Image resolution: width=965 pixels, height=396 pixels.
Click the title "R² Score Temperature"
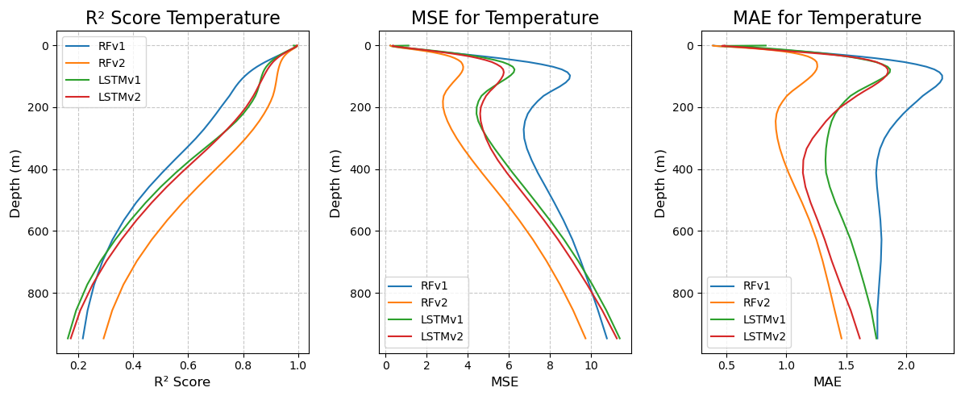(x=183, y=19)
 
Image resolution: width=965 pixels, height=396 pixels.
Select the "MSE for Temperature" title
(x=505, y=19)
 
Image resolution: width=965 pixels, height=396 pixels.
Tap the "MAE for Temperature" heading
(x=826, y=19)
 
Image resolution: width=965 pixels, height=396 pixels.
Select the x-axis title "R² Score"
(x=182, y=382)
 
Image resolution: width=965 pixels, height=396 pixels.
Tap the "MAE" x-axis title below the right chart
(x=826, y=382)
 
